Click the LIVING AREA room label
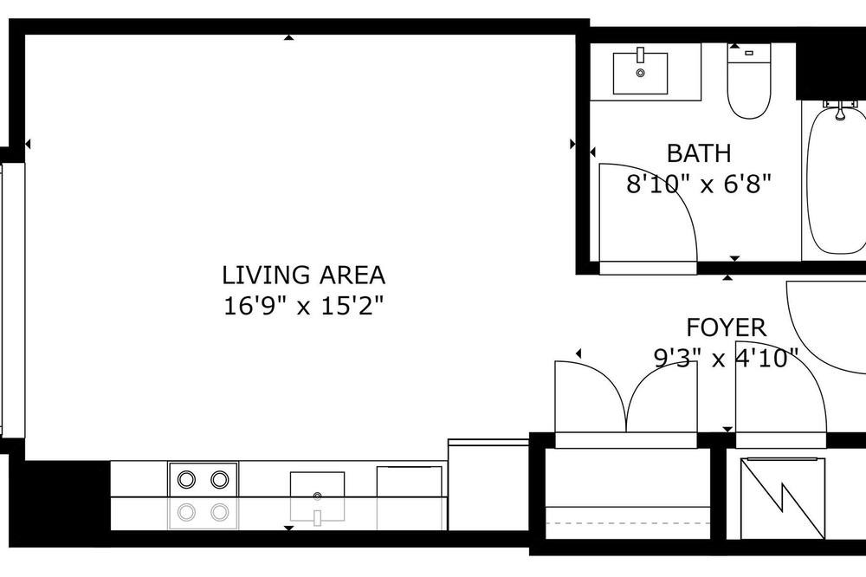[x=303, y=276]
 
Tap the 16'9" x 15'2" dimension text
[x=303, y=306]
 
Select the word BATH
[x=699, y=153]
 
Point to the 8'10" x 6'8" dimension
[x=699, y=184]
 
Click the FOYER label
[x=727, y=327]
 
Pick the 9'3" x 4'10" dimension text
[x=727, y=358]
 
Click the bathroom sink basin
[x=640, y=73]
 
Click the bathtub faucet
[x=840, y=110]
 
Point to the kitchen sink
[x=317, y=496]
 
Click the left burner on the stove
[x=186, y=478]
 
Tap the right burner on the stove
[x=220, y=478]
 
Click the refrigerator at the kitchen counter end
[x=488, y=484]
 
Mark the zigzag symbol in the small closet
[x=783, y=498]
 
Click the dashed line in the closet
[x=628, y=522]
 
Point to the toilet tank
[x=749, y=54]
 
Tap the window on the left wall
[x=12, y=301]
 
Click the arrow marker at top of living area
[x=288, y=37]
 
